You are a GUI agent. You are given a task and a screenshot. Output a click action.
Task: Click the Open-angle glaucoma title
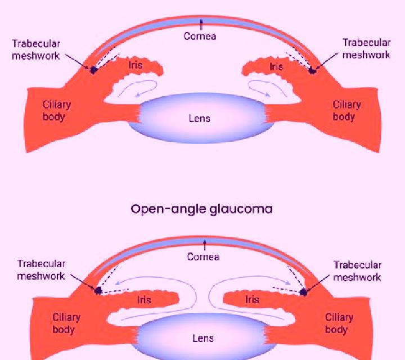(x=201, y=209)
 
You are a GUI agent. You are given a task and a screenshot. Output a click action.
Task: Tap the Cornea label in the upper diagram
(x=200, y=36)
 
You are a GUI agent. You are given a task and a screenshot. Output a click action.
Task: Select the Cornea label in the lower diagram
(x=203, y=256)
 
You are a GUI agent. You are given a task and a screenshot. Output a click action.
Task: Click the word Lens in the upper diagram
(x=199, y=119)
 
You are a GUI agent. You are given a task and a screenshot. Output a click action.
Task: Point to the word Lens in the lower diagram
(x=203, y=338)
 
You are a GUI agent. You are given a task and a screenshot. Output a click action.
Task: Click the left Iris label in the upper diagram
(x=136, y=65)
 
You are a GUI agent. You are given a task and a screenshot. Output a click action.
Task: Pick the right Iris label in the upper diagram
(x=276, y=66)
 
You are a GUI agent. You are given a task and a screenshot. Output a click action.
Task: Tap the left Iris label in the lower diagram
(x=144, y=300)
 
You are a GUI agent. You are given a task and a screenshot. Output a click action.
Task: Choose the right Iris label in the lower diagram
(x=252, y=300)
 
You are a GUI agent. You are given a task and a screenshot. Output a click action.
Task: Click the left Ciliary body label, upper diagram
(x=57, y=111)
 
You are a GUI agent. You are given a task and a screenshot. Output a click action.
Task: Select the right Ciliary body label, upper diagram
(x=346, y=110)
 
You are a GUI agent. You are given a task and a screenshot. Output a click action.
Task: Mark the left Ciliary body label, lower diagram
(x=66, y=323)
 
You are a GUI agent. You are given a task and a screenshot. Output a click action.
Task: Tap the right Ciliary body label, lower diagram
(x=339, y=323)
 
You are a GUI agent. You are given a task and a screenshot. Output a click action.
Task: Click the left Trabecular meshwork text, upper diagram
(x=36, y=49)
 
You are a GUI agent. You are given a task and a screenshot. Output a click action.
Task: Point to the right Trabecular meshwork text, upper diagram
(x=366, y=48)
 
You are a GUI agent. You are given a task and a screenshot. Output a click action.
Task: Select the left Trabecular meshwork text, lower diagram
(x=41, y=270)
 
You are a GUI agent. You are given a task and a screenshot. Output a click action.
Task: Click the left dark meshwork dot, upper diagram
(x=93, y=70)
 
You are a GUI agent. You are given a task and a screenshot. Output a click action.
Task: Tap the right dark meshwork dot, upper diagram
(x=313, y=70)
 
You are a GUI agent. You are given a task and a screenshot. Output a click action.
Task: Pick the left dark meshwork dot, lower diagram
(x=98, y=291)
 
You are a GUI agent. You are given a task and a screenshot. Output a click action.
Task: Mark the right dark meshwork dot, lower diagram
(x=304, y=292)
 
